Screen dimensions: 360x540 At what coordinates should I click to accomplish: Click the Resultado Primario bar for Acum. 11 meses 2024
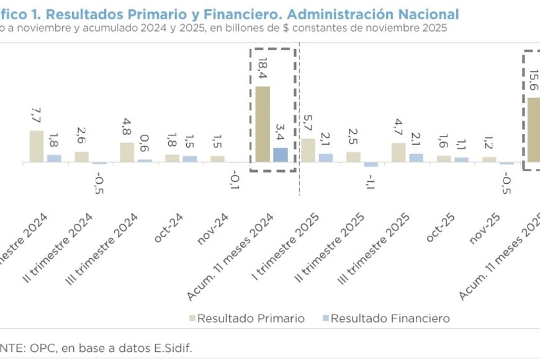pos(263,124)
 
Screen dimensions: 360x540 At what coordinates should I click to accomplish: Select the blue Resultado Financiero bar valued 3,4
pos(280,155)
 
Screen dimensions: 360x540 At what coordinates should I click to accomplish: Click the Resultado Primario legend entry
pos(247,318)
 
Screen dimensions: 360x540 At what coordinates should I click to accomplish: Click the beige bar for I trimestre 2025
pos(308,150)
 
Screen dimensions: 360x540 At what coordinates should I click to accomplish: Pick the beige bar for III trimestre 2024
pos(127,152)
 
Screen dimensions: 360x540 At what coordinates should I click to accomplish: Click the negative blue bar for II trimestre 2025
pos(371,164)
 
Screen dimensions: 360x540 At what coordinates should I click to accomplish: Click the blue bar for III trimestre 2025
pos(416,158)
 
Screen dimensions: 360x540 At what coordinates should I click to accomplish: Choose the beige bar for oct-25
pos(444,158)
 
